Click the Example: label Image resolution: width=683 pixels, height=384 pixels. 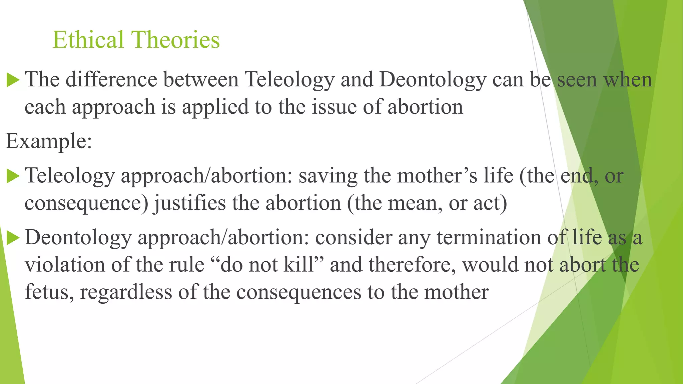[x=49, y=141]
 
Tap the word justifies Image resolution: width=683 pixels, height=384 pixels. [x=189, y=203]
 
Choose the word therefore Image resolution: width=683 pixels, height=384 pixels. [x=412, y=265]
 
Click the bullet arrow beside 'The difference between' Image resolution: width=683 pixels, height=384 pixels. [x=13, y=80]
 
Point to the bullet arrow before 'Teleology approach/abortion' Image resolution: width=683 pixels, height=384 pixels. [x=13, y=176]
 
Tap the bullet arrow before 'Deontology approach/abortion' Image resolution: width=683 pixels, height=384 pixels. [x=13, y=238]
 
